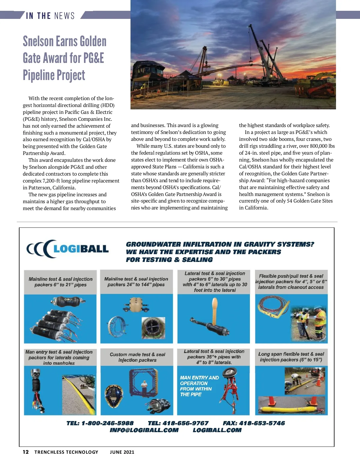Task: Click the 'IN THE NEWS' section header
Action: click(x=50, y=16)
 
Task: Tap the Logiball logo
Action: click(x=68, y=249)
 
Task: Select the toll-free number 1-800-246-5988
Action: click(x=107, y=423)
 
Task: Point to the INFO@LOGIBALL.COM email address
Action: click(x=144, y=430)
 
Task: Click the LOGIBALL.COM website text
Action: click(x=217, y=430)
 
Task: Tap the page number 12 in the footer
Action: click(x=26, y=452)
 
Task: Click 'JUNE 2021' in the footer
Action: click(x=122, y=452)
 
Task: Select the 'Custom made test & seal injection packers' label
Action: click(x=137, y=357)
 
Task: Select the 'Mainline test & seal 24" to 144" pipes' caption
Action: click(x=136, y=282)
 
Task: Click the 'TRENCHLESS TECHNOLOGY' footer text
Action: click(x=66, y=452)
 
